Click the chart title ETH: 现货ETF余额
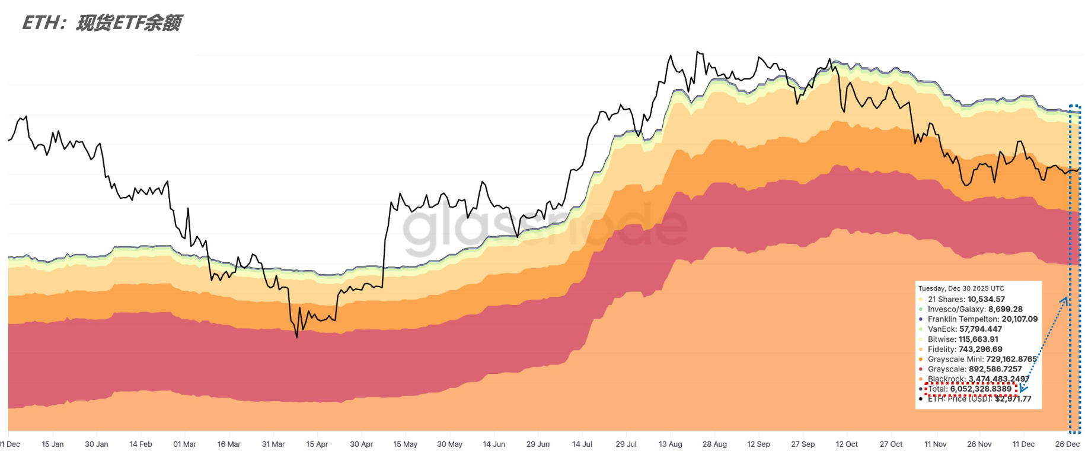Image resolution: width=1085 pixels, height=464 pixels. click(x=102, y=23)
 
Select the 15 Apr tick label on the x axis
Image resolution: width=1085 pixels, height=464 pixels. click(x=317, y=444)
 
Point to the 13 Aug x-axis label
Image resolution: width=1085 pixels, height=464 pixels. click(x=671, y=444)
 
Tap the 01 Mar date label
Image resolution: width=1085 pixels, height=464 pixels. click(x=184, y=444)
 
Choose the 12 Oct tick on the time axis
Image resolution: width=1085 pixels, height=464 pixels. click(x=847, y=444)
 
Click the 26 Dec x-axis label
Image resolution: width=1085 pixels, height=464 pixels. click(x=1067, y=444)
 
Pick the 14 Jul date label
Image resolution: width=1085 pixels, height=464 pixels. click(x=582, y=444)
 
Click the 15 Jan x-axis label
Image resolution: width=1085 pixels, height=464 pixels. click(x=53, y=444)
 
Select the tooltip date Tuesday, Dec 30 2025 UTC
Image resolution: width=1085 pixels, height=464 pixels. click(x=961, y=288)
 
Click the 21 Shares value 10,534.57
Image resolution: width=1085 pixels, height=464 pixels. click(x=986, y=299)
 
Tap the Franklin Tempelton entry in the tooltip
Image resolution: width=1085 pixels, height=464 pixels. click(x=982, y=319)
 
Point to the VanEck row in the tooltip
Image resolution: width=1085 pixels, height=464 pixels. click(x=965, y=329)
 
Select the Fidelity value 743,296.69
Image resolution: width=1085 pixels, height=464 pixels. click(x=980, y=349)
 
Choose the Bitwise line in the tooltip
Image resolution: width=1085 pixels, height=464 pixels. click(x=963, y=339)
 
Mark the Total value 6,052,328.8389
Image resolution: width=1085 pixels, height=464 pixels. click(x=981, y=389)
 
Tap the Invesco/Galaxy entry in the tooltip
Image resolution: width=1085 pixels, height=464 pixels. click(x=975, y=309)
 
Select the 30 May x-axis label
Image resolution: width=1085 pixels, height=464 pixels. click(x=450, y=444)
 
